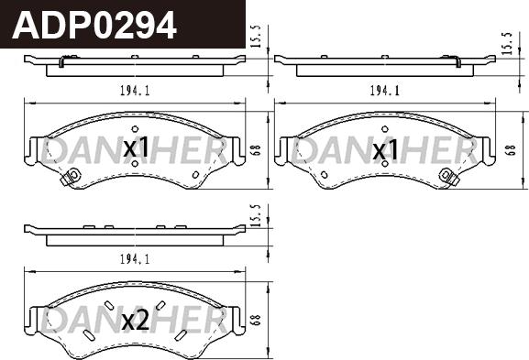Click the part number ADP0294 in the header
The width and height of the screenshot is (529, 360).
(94, 26)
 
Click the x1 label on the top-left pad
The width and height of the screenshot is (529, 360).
(136, 147)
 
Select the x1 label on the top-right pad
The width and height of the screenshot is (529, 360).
(385, 149)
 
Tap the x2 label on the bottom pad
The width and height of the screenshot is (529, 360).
(136, 320)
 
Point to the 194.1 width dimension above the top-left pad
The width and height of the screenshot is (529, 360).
(135, 91)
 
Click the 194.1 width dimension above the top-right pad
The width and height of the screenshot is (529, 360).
(385, 91)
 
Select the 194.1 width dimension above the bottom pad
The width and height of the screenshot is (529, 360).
(135, 259)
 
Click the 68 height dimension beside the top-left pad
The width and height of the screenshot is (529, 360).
(256, 150)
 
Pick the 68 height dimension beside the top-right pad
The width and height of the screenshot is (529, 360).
(511, 150)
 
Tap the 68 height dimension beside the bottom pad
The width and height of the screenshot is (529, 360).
(256, 320)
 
